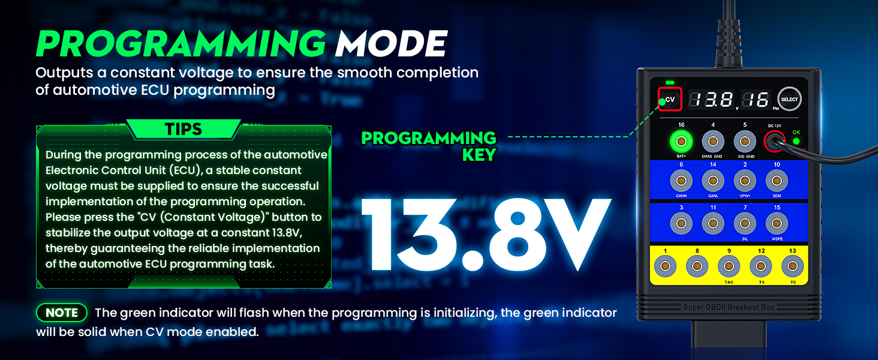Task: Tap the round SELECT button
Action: (789, 99)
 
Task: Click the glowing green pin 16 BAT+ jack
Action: (681, 141)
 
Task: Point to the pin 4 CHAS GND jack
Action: (713, 141)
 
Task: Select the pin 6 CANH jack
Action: (681, 181)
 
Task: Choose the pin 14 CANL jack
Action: (713, 181)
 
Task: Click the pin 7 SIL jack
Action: (745, 224)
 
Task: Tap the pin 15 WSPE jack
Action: (777, 224)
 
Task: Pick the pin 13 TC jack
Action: (793, 266)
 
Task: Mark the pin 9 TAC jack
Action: (729, 266)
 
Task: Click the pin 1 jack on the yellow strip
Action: (665, 266)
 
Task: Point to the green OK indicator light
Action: (796, 141)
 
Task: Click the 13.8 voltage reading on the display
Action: (711, 100)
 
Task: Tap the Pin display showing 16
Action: (756, 100)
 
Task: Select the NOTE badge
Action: (62, 313)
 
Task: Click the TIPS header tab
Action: (184, 129)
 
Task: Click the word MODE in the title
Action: (391, 44)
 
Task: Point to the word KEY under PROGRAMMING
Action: (479, 155)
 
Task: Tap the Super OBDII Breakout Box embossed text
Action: (729, 307)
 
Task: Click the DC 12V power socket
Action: (774, 141)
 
